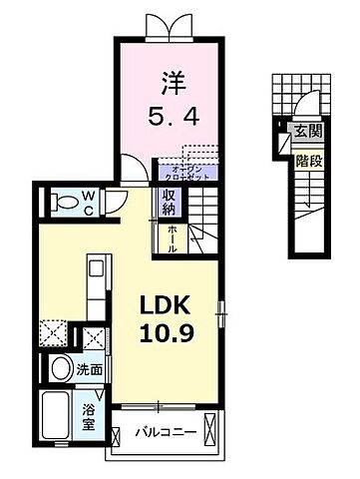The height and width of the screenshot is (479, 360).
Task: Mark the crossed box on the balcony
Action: [209, 432]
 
